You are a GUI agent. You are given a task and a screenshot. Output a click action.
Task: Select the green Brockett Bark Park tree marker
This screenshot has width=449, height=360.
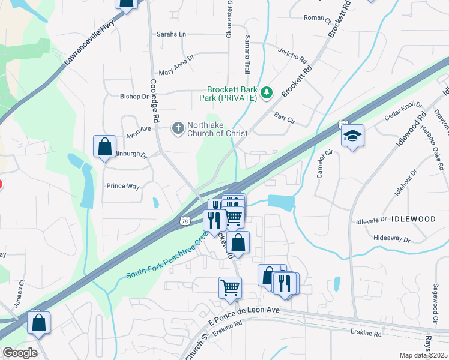tap(266, 92)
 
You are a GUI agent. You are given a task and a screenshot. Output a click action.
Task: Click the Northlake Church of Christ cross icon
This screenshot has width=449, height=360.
tap(178, 128)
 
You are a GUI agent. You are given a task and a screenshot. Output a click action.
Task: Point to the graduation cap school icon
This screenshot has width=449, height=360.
tap(353, 136)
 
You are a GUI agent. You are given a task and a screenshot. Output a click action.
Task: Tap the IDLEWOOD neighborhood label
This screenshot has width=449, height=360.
tap(414, 219)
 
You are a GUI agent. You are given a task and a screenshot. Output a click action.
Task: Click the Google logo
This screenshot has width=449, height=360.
tap(20, 353)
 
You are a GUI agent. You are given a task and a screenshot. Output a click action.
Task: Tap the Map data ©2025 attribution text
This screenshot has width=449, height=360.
tap(423, 355)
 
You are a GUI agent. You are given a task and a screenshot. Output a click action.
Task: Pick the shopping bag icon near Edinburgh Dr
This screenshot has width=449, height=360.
tap(104, 146)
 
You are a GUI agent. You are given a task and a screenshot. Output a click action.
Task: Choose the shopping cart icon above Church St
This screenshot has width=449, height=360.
tap(231, 287)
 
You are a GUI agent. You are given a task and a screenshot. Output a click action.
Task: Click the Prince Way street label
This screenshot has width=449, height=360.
tap(123, 186)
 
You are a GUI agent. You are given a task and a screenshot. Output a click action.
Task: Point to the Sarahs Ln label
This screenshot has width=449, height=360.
tap(171, 34)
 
